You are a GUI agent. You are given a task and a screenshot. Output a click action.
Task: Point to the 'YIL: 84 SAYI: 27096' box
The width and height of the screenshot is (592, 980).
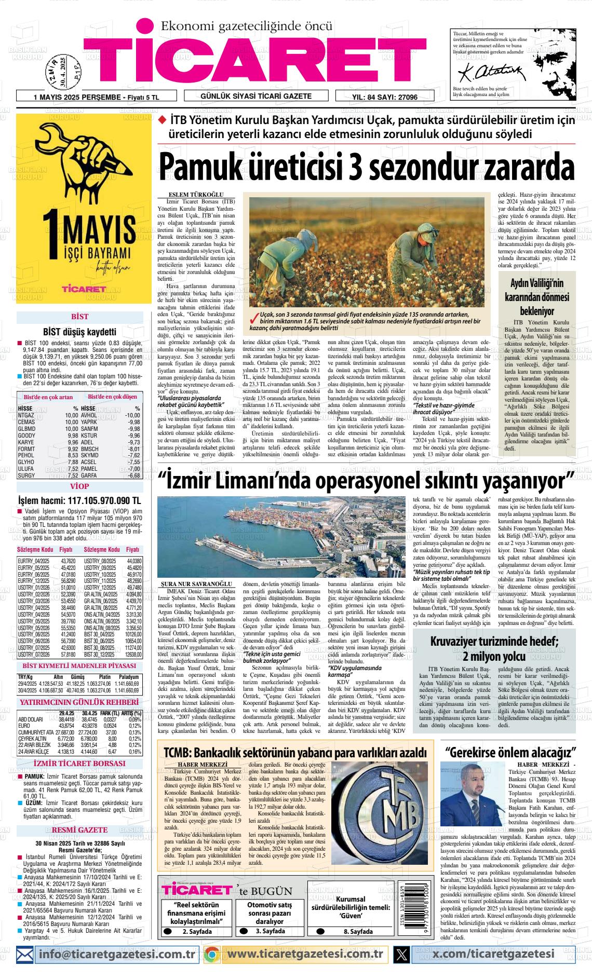click(385, 97)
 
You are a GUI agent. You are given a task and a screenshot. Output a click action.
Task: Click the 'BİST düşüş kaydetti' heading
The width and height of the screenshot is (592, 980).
click(79, 332)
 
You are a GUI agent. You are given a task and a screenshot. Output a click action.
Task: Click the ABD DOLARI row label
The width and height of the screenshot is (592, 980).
click(31, 719)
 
